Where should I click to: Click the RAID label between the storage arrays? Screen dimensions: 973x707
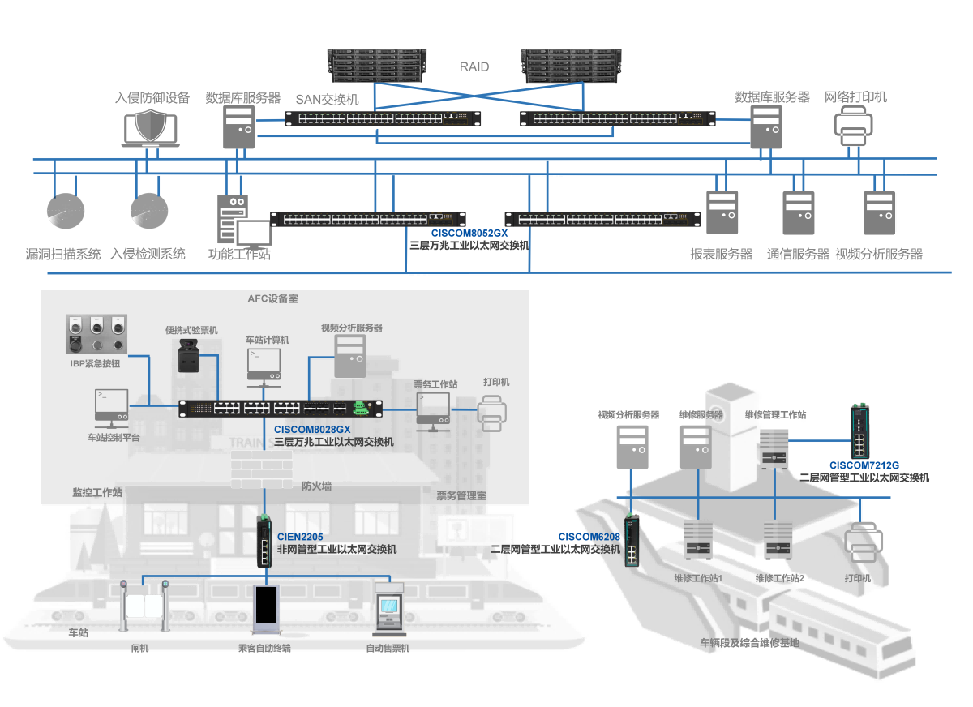click(x=474, y=66)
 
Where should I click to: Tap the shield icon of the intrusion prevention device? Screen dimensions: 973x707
click(x=151, y=125)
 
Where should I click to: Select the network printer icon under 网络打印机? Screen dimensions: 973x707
click(x=853, y=126)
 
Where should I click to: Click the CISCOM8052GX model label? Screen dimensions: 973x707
click(x=469, y=234)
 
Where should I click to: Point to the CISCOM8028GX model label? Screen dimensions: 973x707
click(x=312, y=430)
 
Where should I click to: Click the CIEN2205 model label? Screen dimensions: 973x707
click(x=300, y=537)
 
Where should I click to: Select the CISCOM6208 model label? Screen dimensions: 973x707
click(x=589, y=537)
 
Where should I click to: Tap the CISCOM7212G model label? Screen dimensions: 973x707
click(x=864, y=465)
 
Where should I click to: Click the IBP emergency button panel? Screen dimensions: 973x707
click(x=96, y=333)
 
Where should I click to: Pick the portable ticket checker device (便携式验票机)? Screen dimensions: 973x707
click(x=188, y=355)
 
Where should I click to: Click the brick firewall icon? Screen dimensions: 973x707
click(x=261, y=469)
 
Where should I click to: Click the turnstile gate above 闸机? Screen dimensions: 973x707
click(x=144, y=605)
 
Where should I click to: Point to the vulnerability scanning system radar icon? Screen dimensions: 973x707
click(x=66, y=211)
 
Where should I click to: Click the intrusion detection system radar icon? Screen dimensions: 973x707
click(x=149, y=211)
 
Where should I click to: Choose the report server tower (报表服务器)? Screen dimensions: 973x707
click(x=722, y=212)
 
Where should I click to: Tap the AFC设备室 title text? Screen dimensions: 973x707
click(x=272, y=298)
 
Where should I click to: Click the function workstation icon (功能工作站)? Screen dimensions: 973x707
click(x=244, y=221)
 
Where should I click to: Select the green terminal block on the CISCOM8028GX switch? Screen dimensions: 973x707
click(x=361, y=408)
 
